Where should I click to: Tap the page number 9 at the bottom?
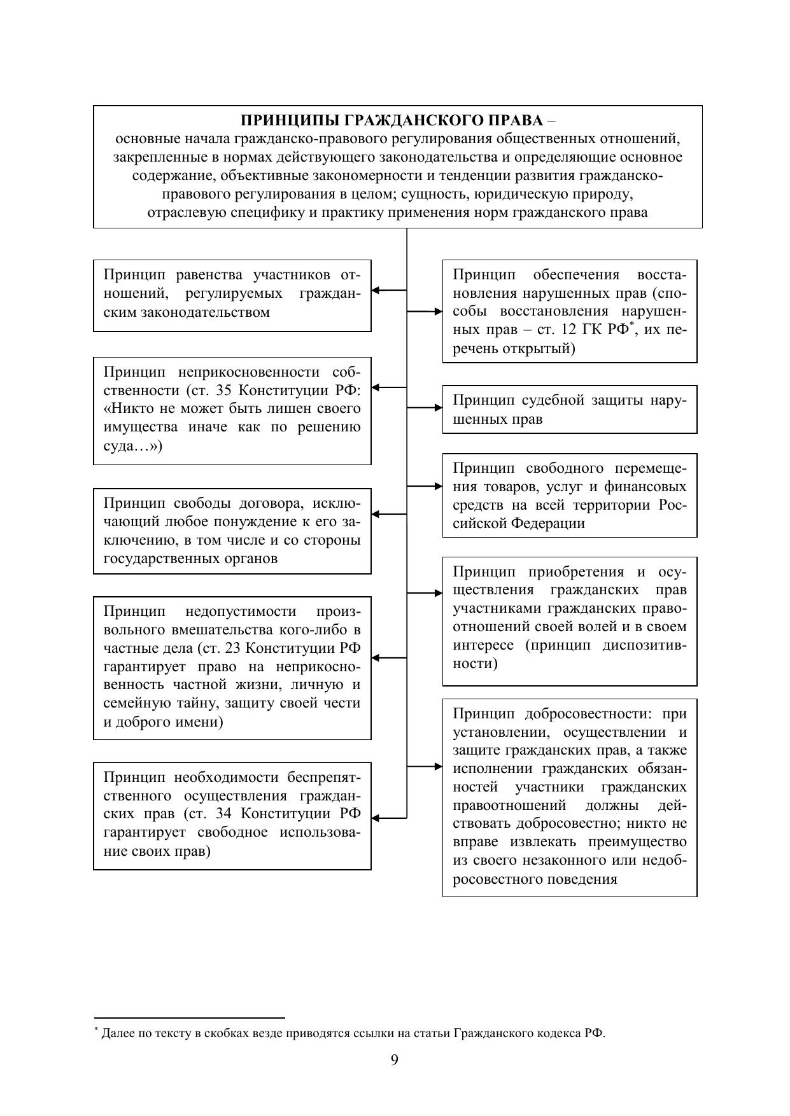point(395,1060)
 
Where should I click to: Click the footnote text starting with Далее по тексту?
point(353,1033)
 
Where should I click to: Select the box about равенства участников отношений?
point(232,295)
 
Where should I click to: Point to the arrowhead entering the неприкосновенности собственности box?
point(376,387)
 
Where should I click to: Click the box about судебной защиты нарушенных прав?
point(569,409)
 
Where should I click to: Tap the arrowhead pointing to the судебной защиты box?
point(438,407)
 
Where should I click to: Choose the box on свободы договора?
point(232,531)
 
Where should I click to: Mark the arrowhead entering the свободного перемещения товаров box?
point(438,486)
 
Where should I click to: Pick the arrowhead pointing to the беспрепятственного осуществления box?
point(376,818)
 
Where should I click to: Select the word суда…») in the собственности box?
point(133,445)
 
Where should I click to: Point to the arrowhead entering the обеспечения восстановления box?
point(438,311)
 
